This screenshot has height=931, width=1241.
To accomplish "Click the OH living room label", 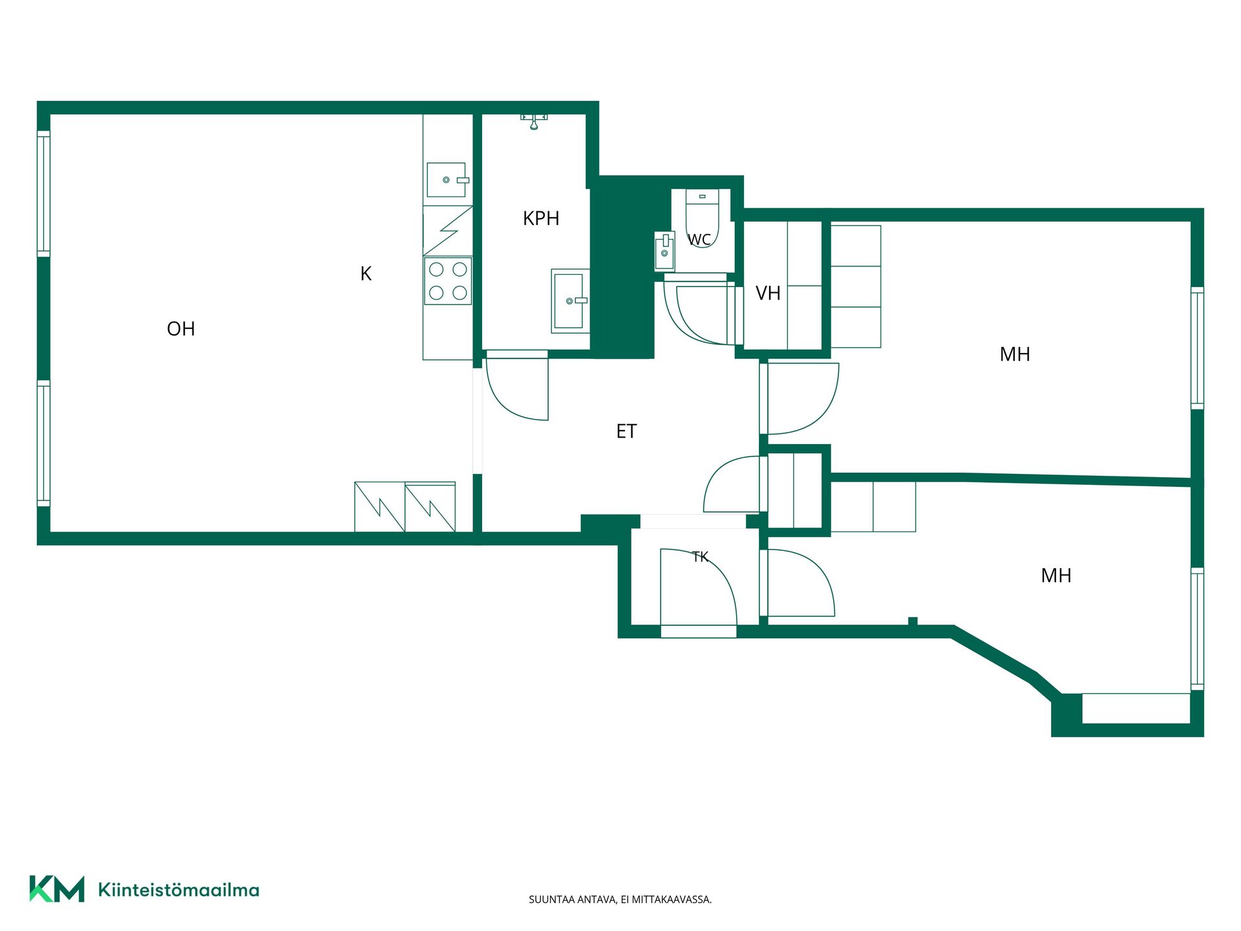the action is [181, 329].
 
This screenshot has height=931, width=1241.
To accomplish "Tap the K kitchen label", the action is [366, 274].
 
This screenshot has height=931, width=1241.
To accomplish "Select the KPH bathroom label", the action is [541, 219].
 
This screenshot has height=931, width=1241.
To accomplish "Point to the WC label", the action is [699, 240].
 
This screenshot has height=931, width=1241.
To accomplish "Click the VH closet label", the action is [768, 294].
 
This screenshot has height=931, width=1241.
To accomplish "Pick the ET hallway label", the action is [626, 431].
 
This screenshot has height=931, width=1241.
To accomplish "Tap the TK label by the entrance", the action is [700, 557].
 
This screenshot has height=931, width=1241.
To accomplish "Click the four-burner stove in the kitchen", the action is [448, 281].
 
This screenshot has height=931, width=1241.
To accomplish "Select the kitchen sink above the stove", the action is [447, 180].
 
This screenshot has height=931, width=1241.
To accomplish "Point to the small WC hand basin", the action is [664, 250].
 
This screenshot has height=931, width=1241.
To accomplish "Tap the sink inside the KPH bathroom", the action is [570, 301].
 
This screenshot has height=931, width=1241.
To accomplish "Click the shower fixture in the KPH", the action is [534, 121].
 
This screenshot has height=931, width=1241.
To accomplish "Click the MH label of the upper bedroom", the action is [1015, 354].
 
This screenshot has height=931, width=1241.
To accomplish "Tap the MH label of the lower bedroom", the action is [1056, 575].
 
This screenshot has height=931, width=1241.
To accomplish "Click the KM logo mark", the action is [57, 889].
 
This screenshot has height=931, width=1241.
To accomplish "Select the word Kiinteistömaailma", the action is [178, 890].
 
